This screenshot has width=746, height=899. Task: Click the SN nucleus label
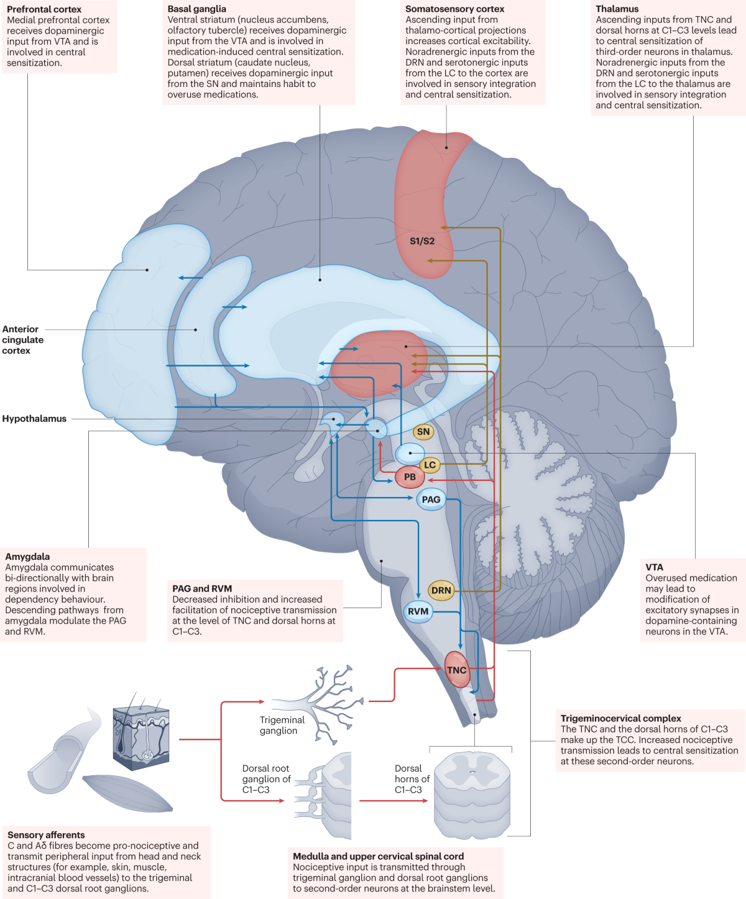(423, 432)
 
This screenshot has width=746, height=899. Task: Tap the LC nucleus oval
(430, 465)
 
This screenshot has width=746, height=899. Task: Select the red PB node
(410, 477)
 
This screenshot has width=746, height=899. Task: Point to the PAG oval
(431, 500)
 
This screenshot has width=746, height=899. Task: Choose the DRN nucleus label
(441, 590)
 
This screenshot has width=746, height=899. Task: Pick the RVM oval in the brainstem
(418, 611)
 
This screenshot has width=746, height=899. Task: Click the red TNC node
(456, 670)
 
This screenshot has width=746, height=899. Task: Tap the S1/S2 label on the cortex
(422, 241)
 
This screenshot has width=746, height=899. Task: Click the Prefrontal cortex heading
(44, 9)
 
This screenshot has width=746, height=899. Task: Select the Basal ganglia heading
(196, 9)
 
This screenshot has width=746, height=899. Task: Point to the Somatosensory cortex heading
(454, 9)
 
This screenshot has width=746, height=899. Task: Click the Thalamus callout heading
(617, 9)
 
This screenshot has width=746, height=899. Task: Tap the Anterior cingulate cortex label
(22, 340)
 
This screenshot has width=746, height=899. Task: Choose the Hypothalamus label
(34, 419)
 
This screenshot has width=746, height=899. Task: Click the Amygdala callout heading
(27, 557)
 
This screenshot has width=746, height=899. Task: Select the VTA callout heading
(654, 567)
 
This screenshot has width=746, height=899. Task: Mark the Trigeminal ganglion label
(282, 725)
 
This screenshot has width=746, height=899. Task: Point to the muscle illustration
(127, 793)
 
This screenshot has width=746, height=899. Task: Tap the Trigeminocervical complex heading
(620, 718)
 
